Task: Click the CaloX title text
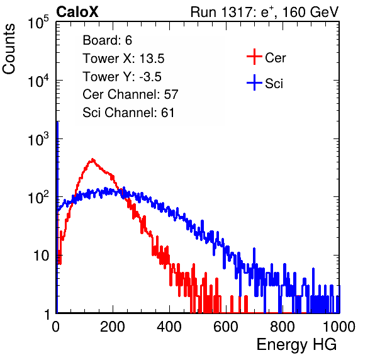(x=77, y=12)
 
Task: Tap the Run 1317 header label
(x=264, y=12)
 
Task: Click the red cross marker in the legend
(x=254, y=57)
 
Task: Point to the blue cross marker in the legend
(x=254, y=82)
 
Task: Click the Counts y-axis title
(x=9, y=49)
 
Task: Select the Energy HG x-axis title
(x=296, y=345)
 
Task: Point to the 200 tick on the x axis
(x=113, y=327)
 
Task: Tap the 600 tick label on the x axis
(x=226, y=327)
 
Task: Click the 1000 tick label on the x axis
(x=339, y=327)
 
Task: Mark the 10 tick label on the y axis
(x=42, y=256)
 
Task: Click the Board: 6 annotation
(x=107, y=40)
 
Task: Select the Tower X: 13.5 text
(x=123, y=59)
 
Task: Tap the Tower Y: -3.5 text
(x=122, y=77)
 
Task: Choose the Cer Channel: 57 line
(x=130, y=94)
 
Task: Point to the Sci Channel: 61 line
(x=128, y=113)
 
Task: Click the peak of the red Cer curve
(x=92, y=159)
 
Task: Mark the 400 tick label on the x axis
(x=169, y=327)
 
